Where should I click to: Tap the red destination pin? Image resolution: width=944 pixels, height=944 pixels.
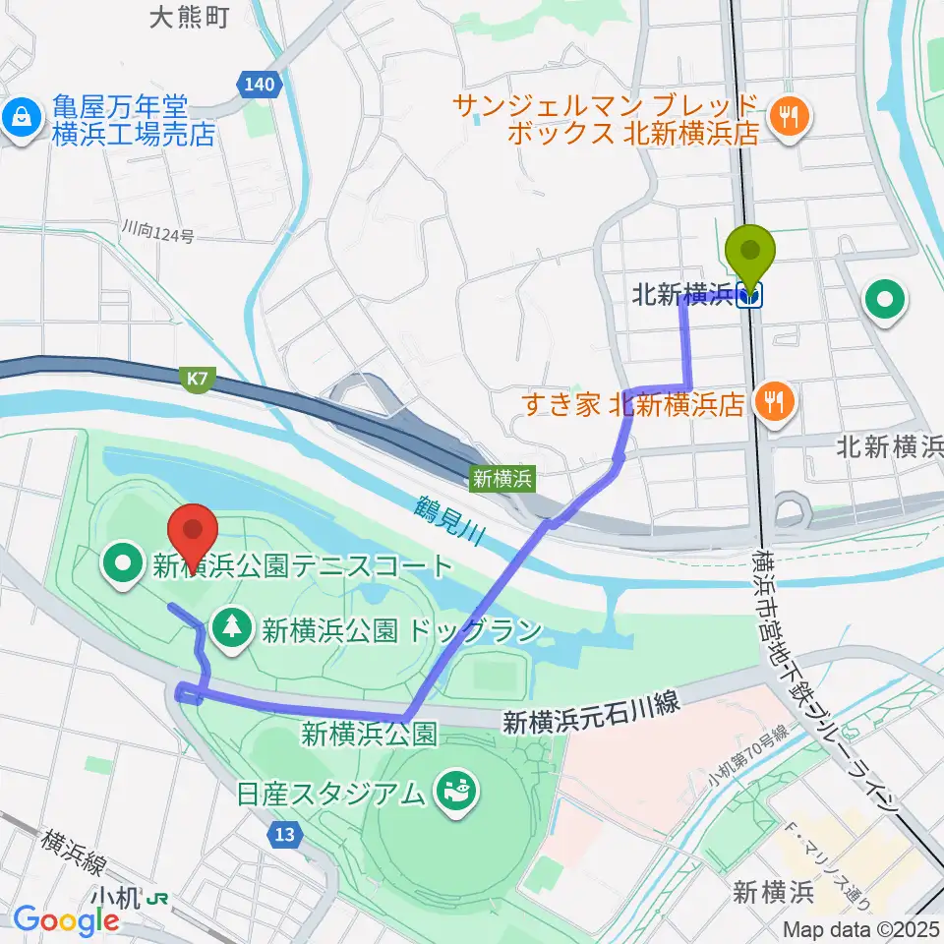click(x=194, y=533)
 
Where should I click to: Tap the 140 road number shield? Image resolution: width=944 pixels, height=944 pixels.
click(x=260, y=85)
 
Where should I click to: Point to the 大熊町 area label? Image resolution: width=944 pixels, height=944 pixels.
click(x=190, y=17)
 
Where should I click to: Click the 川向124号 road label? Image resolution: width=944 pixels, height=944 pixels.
click(x=158, y=234)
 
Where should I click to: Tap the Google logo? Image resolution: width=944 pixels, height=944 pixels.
click(x=66, y=919)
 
